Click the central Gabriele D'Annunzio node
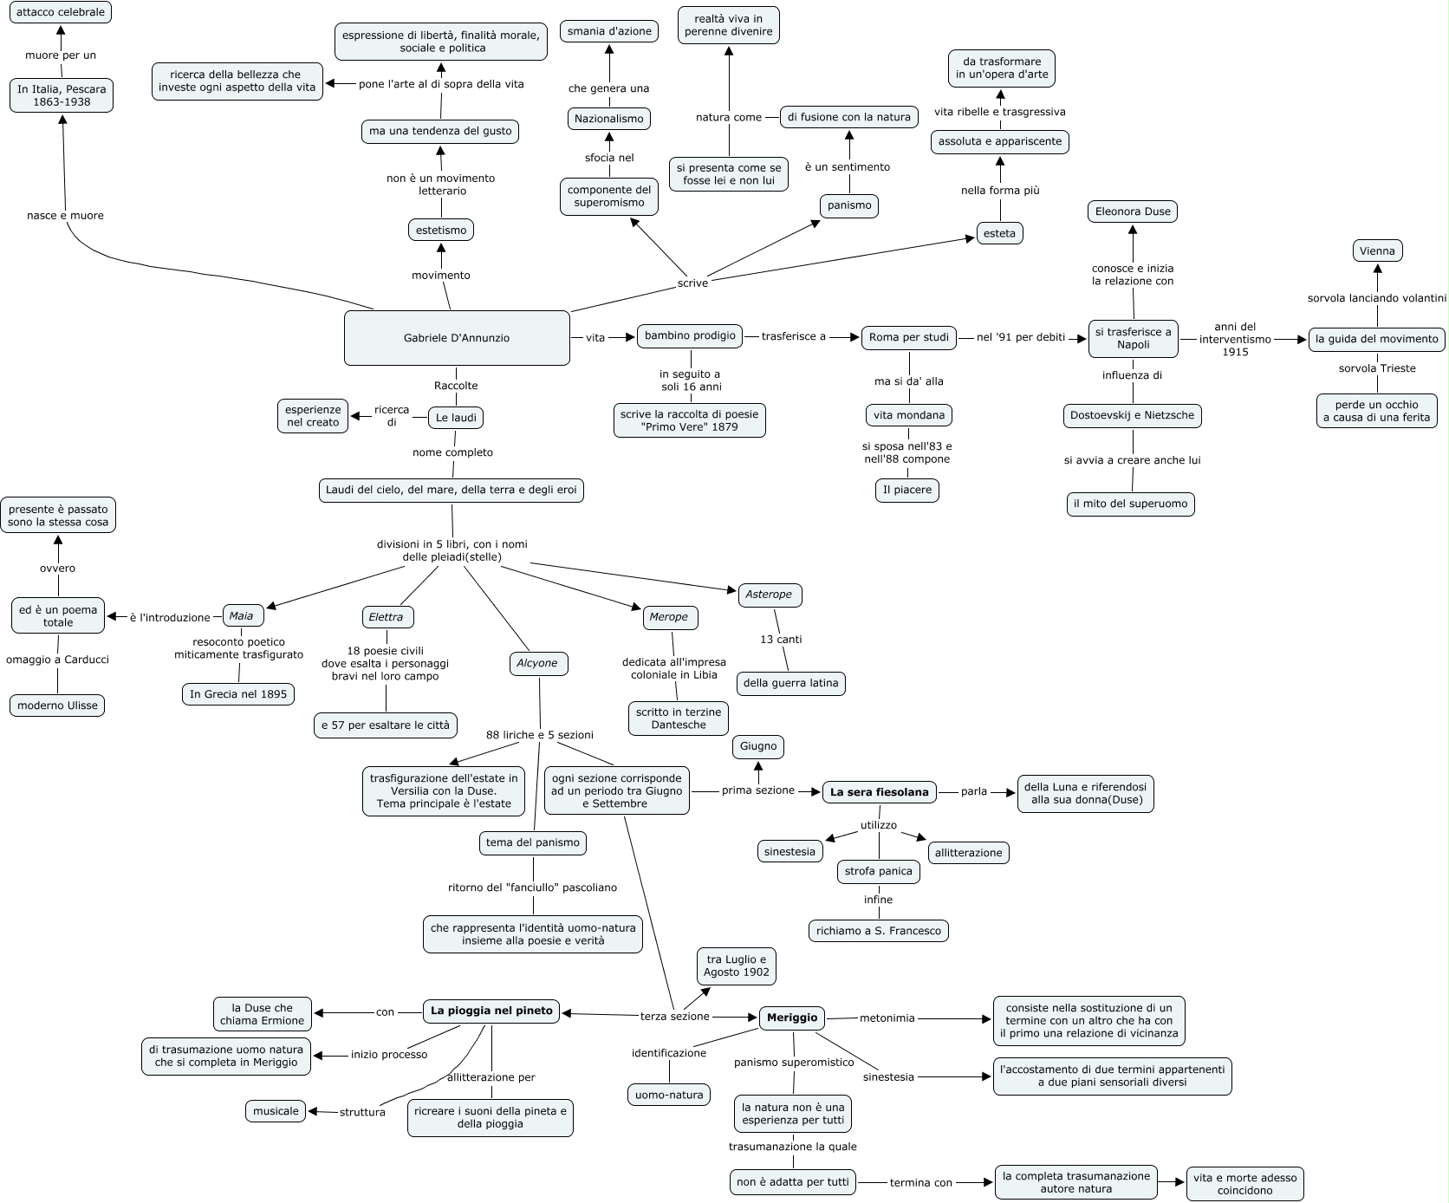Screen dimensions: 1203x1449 (x=457, y=338)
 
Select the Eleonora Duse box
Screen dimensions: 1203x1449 (x=1133, y=211)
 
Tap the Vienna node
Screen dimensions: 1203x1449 (x=1377, y=251)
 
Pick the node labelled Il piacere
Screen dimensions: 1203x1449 (x=907, y=490)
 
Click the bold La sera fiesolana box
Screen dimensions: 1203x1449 (x=879, y=791)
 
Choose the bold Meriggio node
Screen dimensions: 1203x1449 (x=792, y=1018)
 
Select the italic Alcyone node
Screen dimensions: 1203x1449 (x=537, y=663)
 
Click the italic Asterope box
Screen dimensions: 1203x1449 (x=770, y=595)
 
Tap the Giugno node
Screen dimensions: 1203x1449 (x=758, y=746)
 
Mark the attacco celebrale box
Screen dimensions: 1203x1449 (x=61, y=13)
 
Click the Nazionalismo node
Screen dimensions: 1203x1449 (x=609, y=119)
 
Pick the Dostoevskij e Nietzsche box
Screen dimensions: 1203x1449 (x=1133, y=415)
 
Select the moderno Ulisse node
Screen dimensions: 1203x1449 (x=58, y=706)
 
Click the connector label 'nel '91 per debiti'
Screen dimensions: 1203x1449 (x=1021, y=337)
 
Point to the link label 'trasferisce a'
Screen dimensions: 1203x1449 (x=794, y=336)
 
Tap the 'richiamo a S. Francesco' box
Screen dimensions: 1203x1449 (x=878, y=931)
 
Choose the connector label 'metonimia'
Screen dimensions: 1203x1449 (x=887, y=1018)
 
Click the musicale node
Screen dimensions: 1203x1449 (x=276, y=1111)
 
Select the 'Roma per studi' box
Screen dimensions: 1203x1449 (x=909, y=337)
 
